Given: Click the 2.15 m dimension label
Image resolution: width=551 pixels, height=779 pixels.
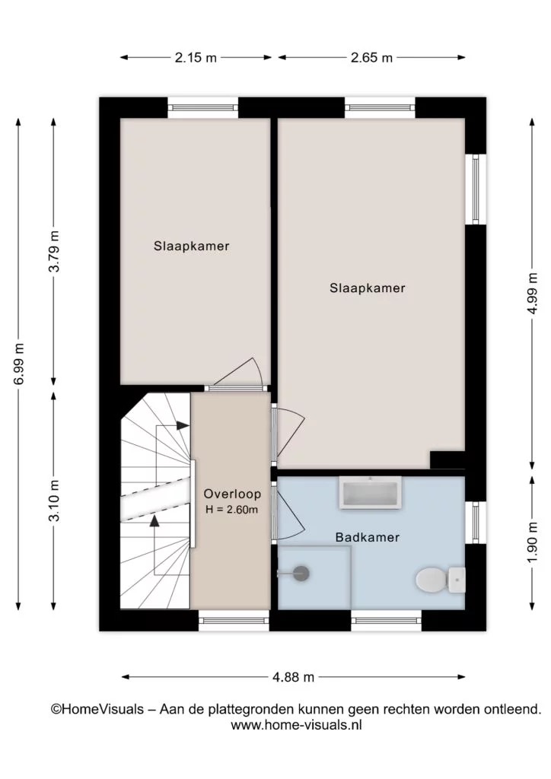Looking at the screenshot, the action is pos(196,58).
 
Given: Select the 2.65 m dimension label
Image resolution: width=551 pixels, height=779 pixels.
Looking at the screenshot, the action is pos(371,58).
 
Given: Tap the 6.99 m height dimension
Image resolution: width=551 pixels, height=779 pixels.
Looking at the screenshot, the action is pos(18,364).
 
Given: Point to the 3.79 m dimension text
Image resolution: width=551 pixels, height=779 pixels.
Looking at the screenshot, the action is pos(54,251).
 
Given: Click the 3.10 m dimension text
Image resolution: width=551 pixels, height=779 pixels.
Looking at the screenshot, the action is pos(54,501).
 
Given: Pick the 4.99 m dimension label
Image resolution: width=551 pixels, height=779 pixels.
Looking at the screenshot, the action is pos(532,293).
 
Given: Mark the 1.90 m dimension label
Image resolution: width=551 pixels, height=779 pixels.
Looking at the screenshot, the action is pos(532,542).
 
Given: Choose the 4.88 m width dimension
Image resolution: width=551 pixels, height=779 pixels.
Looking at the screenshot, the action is pos(294,676).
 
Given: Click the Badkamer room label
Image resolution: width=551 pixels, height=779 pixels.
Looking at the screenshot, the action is pos(367,537).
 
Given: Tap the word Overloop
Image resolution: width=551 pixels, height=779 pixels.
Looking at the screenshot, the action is pos(232,494).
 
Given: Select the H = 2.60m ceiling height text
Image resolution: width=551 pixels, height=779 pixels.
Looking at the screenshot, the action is pos(232,509).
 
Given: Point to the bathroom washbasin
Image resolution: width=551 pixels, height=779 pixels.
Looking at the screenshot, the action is pos(370,492).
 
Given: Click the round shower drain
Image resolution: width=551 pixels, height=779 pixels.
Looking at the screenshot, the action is pos(301,574).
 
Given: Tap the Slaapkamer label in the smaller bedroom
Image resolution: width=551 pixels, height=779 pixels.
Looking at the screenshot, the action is pos(191,246).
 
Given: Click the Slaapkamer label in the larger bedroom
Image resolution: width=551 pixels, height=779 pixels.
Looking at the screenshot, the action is pos(367,288).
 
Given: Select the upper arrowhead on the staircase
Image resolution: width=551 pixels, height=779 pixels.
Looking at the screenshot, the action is pos(183,425).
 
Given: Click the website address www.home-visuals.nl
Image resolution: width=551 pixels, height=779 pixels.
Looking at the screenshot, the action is pos(296,725).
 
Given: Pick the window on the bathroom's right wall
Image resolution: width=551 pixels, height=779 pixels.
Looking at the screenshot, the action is pos(476,523).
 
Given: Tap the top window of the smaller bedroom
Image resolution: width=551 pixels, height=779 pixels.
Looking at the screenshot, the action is pos(202,107).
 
